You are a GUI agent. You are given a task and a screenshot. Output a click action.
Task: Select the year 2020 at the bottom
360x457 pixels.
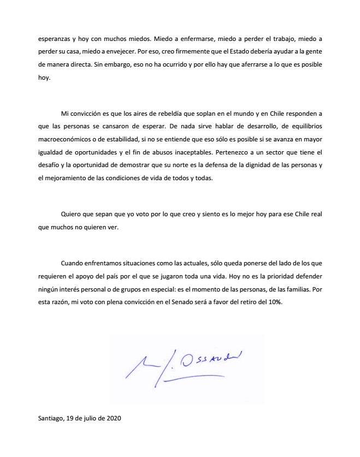[113, 419]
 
